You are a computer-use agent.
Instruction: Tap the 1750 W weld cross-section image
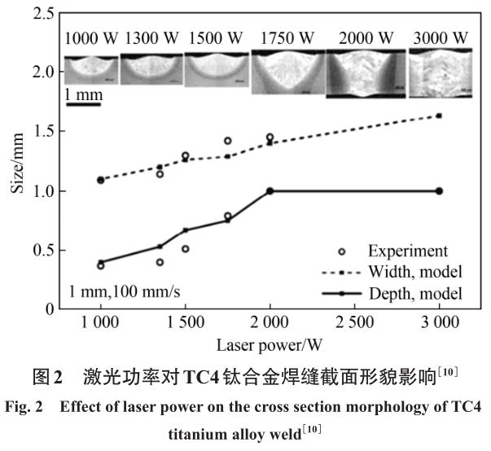point(288,72)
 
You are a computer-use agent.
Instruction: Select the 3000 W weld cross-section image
point(440,71)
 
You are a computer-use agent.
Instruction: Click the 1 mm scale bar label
point(84,95)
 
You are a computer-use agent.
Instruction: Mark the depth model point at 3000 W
point(440,191)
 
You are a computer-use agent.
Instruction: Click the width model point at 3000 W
point(440,116)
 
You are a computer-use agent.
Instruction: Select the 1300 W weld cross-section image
point(152,69)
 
